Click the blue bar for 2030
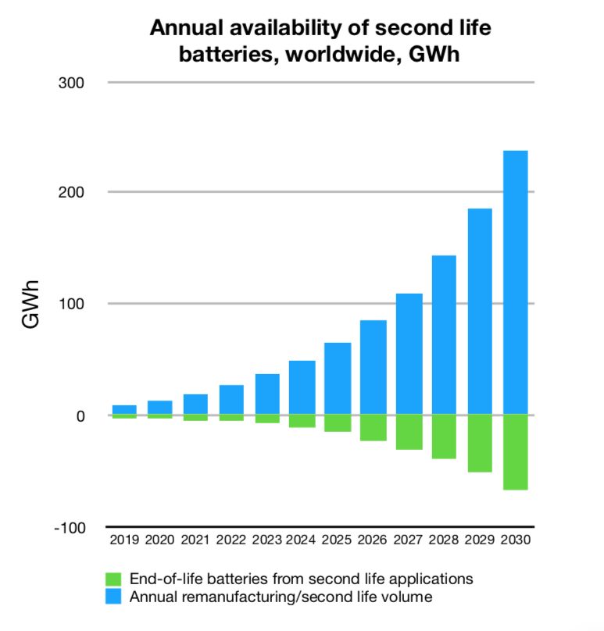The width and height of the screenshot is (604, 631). click(515, 283)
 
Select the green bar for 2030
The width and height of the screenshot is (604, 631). click(515, 452)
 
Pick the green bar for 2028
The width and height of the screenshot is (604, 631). click(444, 437)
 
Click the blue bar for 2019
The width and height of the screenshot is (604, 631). click(124, 410)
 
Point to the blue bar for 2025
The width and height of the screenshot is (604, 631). click(338, 379)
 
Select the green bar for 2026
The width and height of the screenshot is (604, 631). click(373, 428)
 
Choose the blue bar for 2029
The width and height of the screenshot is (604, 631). click(480, 312)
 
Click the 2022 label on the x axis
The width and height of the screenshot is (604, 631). click(231, 540)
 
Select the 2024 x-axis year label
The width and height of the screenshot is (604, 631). click(302, 540)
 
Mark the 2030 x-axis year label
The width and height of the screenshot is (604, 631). click(516, 540)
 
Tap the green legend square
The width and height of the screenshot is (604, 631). click(113, 579)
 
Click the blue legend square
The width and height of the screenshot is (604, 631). click(113, 597)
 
